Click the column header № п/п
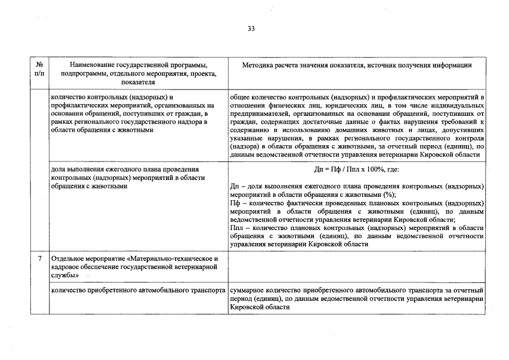(x=39, y=69)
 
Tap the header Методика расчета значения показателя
(x=357, y=65)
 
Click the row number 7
(x=39, y=259)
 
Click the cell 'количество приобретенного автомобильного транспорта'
(x=138, y=291)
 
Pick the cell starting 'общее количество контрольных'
(x=357, y=125)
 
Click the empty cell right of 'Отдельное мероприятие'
(x=357, y=267)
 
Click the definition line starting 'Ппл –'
(x=357, y=236)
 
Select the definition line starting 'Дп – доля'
(x=357, y=190)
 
